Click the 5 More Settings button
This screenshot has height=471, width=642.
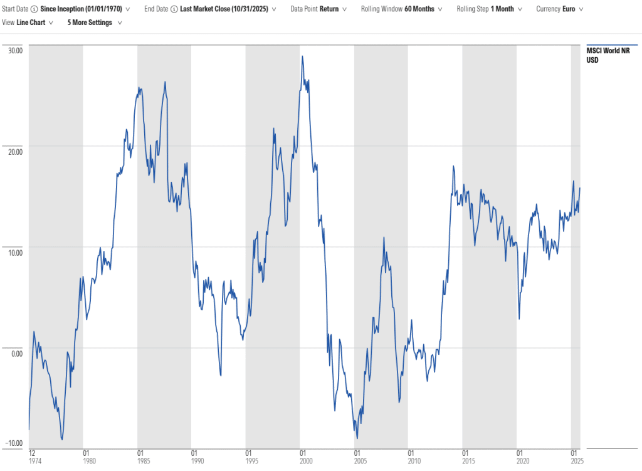click(93, 22)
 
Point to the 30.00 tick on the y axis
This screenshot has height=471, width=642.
click(14, 50)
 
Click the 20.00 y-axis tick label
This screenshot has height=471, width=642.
click(14, 151)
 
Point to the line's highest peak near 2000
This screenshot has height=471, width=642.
click(302, 56)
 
